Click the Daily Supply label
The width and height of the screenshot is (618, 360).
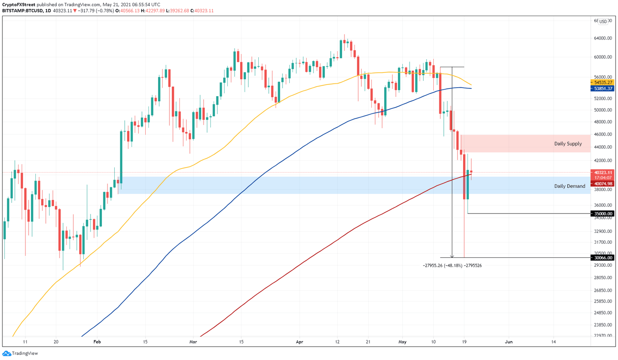pyautogui.click(x=568, y=144)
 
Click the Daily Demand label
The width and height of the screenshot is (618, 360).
pyautogui.click(x=569, y=186)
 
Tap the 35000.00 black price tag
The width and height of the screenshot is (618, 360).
pyautogui.click(x=603, y=214)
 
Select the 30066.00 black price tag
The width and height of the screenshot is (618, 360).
pyautogui.click(x=603, y=258)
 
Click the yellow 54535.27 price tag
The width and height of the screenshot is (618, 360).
pyautogui.click(x=603, y=82)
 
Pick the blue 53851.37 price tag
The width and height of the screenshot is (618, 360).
pyautogui.click(x=603, y=88)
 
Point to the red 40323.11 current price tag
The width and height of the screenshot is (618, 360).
pyautogui.click(x=603, y=173)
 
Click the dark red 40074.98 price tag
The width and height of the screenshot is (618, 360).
pyautogui.click(x=603, y=184)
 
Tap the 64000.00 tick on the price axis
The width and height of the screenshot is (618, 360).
pyautogui.click(x=603, y=39)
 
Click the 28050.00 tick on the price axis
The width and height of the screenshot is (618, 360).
pyautogui.click(x=603, y=278)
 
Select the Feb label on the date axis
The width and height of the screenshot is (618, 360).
pyautogui.click(x=97, y=342)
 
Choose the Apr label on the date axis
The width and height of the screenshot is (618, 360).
pyautogui.click(x=299, y=342)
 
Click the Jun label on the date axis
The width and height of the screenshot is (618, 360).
pyautogui.click(x=509, y=342)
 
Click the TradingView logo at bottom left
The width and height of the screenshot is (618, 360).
pyautogui.click(x=20, y=354)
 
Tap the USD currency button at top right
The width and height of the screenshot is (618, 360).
pyautogui.click(x=603, y=22)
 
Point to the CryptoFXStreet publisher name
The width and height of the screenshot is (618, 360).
pyautogui.click(x=19, y=5)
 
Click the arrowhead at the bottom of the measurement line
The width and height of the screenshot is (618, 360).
pyautogui.click(x=452, y=256)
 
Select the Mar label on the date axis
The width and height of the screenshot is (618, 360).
pyautogui.click(x=193, y=342)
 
